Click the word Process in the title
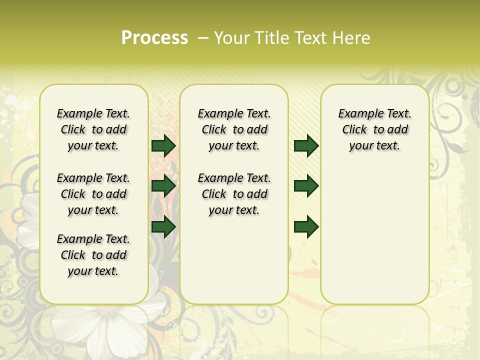pos(154,37)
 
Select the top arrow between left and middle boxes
pos(163,145)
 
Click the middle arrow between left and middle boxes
pos(163,186)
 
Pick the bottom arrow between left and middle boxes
pos(163,227)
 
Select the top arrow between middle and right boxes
pos(306,145)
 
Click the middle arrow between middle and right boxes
pos(306,186)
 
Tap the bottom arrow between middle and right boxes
pos(306,227)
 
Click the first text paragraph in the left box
pos(93,129)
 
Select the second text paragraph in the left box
pos(93,194)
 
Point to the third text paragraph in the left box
pos(93,255)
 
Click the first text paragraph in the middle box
pos(234,129)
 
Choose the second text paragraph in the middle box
pos(234,194)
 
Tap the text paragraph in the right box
pos(375,129)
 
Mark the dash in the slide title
pos(203,37)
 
